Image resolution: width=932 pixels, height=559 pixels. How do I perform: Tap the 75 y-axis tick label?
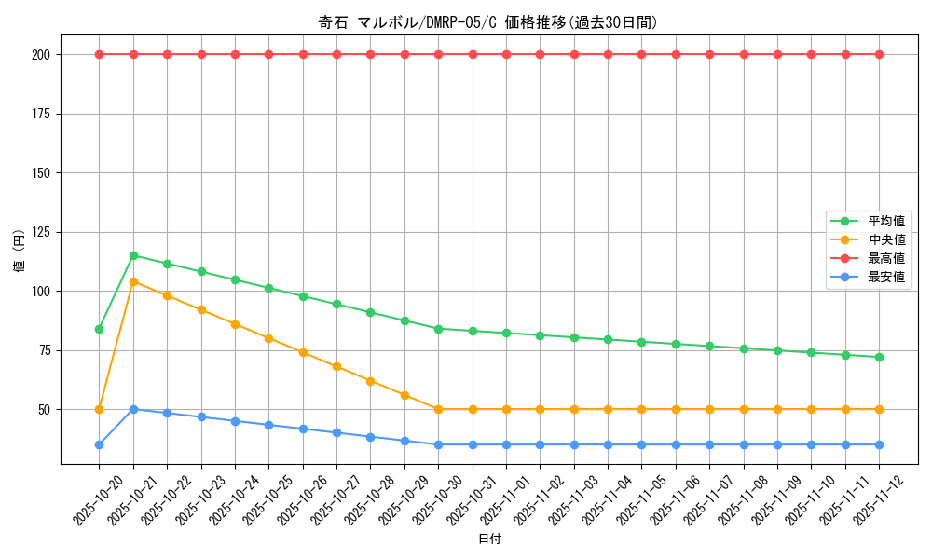(43, 350)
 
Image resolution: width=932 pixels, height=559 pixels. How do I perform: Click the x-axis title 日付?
(489, 539)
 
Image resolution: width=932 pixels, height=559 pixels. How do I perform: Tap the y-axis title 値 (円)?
(20, 252)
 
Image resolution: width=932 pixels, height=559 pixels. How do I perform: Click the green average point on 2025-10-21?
(133, 255)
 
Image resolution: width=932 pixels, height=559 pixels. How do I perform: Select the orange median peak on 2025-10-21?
(133, 281)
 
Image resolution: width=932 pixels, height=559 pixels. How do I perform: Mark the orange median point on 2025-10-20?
(99, 409)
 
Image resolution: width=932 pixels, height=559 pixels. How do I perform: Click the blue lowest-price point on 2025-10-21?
(133, 409)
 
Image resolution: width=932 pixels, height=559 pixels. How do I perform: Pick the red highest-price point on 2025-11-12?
(879, 54)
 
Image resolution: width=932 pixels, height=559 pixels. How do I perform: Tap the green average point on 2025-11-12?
(879, 357)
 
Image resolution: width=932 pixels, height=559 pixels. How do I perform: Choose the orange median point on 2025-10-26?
(303, 352)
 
